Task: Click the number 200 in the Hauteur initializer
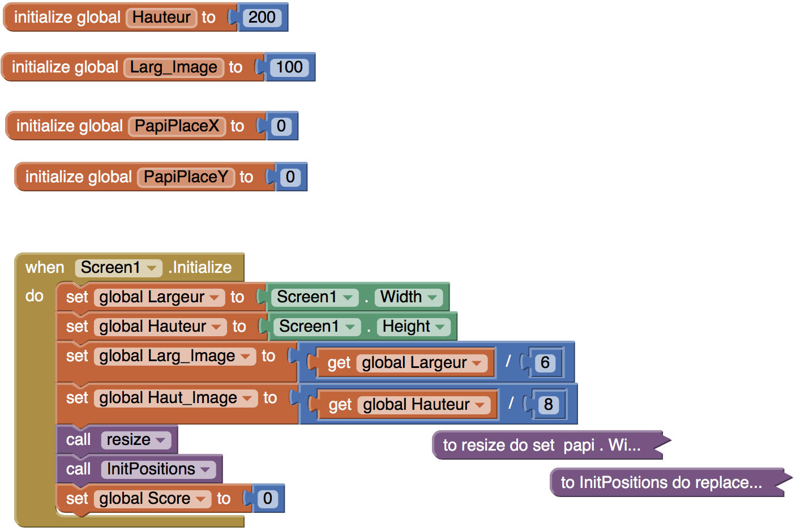tap(262, 18)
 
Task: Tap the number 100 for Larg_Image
tap(289, 67)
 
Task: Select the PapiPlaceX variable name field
tap(177, 126)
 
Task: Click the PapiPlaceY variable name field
tap(186, 177)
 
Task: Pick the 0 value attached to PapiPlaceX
tap(281, 126)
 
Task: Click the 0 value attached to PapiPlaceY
tap(290, 177)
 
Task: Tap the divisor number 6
tap(545, 363)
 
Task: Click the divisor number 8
tap(548, 405)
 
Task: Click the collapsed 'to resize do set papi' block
tap(542, 445)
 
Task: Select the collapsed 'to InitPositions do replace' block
tap(661, 482)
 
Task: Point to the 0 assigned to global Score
tap(268, 499)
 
